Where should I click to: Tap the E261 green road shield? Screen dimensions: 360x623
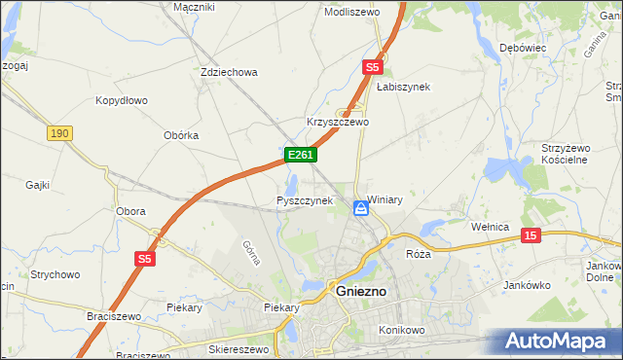[x=299, y=155]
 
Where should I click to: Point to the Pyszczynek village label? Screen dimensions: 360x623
[x=305, y=200]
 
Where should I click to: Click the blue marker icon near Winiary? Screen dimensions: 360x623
[x=359, y=206]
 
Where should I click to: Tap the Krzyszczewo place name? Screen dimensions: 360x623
[x=338, y=123]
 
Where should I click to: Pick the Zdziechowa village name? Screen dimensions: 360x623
[x=228, y=72]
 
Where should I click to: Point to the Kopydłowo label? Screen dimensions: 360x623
[x=121, y=100]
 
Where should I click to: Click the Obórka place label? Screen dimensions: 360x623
[x=181, y=135]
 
